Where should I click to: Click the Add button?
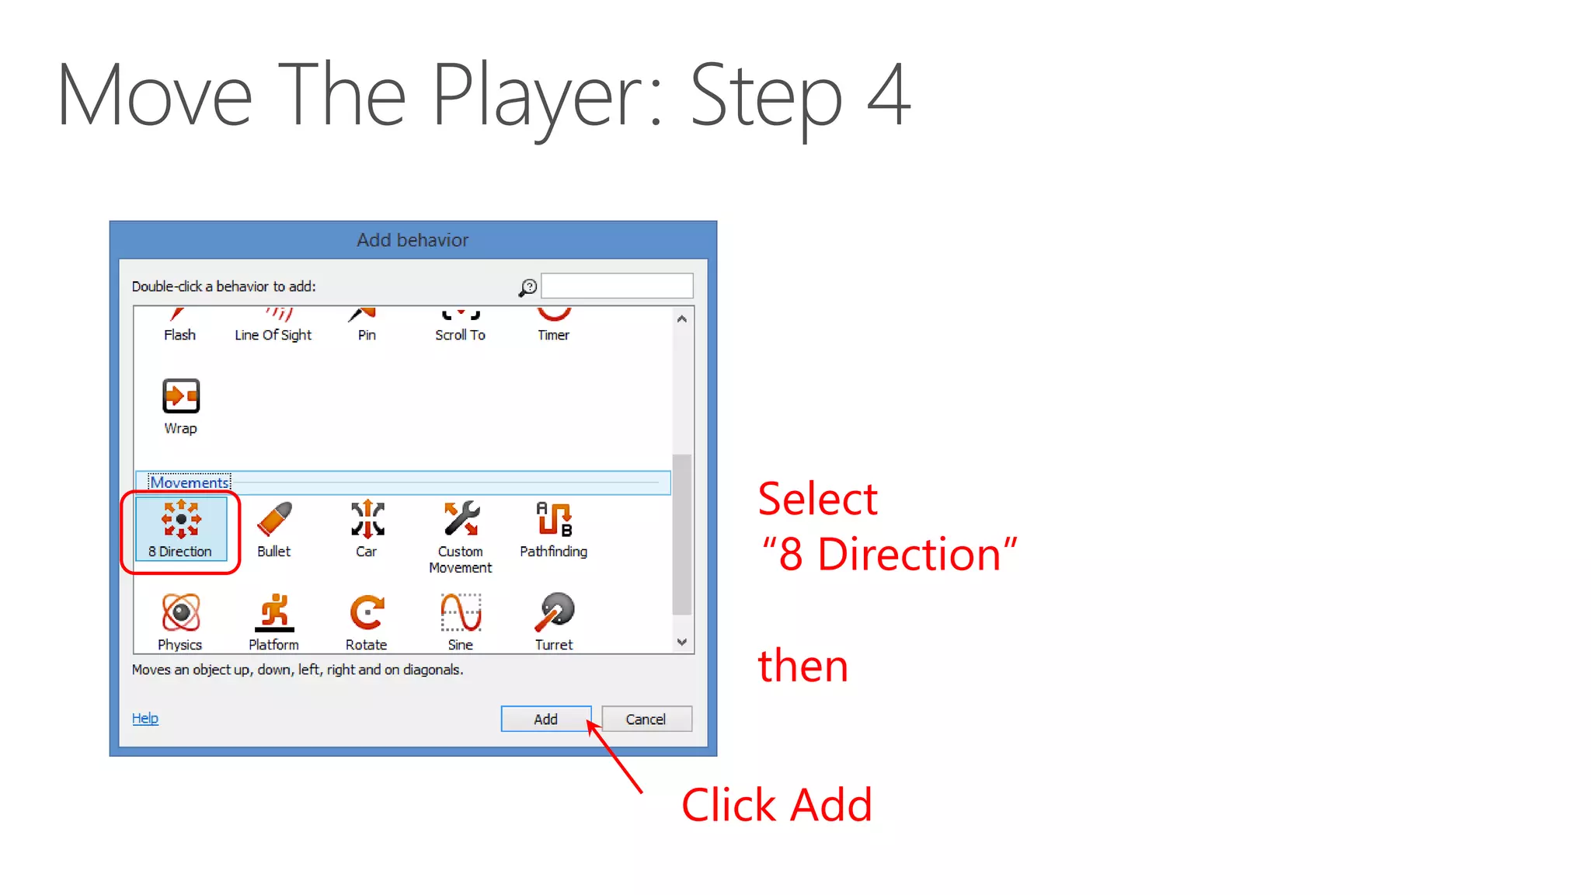(x=545, y=719)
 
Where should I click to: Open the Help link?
(x=144, y=718)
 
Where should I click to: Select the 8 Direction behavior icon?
(x=181, y=520)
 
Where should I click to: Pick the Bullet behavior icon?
(x=274, y=520)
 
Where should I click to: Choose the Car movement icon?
(x=367, y=520)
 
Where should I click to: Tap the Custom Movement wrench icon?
(x=461, y=519)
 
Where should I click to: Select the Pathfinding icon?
(x=554, y=519)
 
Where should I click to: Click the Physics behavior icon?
(x=181, y=612)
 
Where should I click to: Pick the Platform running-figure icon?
(x=274, y=612)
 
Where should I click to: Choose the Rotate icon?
(x=367, y=612)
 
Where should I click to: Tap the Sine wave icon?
(x=461, y=612)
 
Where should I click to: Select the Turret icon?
(x=555, y=612)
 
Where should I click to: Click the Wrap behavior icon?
(x=181, y=396)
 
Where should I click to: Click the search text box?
(x=617, y=286)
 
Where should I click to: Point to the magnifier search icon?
(x=528, y=287)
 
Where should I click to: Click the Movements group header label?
(x=190, y=482)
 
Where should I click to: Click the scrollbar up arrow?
(x=682, y=319)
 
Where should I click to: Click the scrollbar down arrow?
(x=682, y=642)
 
